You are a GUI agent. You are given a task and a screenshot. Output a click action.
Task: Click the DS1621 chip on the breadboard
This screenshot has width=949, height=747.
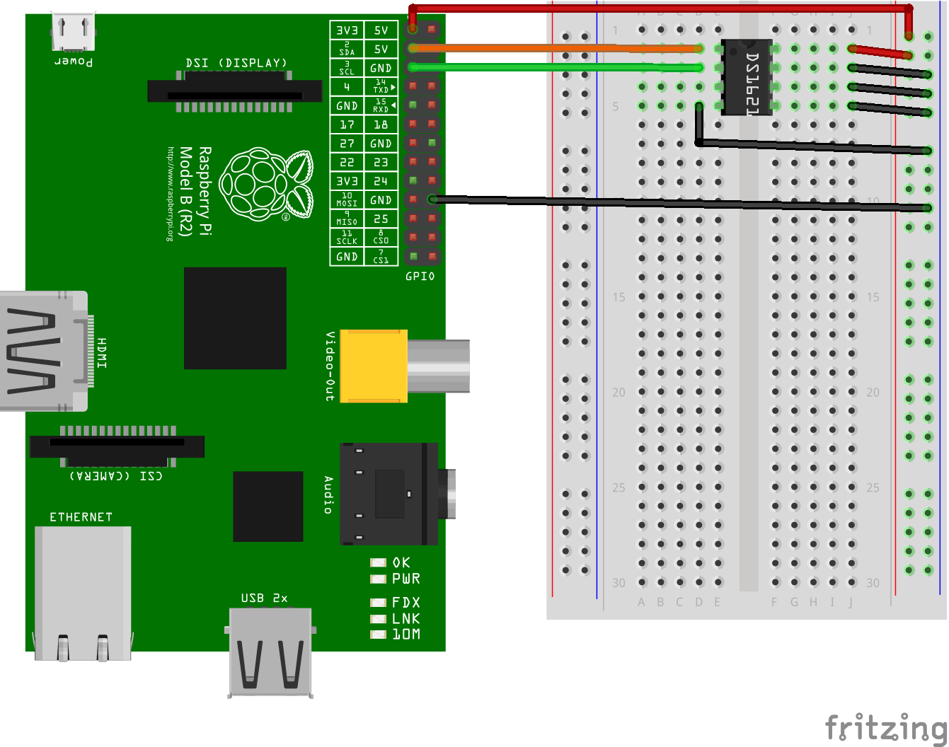[x=747, y=78]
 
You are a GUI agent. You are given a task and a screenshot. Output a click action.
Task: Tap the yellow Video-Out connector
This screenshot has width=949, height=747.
[x=374, y=366]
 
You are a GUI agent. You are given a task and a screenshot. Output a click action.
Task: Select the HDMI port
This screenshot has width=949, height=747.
[x=44, y=352]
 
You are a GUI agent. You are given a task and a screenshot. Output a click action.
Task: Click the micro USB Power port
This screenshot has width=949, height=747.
[x=73, y=33]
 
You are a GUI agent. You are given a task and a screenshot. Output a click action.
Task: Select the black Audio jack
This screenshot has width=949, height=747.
[x=389, y=494]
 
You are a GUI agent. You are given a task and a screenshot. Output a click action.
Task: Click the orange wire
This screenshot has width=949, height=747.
[x=552, y=48]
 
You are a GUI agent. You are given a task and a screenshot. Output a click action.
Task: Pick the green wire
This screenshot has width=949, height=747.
[x=552, y=67]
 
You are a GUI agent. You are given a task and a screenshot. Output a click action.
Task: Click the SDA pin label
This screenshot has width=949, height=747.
[x=347, y=49]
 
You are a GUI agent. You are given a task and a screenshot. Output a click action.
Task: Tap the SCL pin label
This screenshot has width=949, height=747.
[x=347, y=68]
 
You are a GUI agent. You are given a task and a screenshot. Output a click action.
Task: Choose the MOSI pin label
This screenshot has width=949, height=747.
[x=347, y=200]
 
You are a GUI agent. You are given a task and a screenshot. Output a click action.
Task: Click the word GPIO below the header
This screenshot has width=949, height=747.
[x=420, y=277]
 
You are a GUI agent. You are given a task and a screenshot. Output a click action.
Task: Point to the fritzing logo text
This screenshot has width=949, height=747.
[x=885, y=727]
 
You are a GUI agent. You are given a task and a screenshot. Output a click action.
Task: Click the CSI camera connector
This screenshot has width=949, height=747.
[x=117, y=446]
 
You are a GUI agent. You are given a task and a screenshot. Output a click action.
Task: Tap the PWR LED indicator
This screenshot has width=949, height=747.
[x=379, y=579]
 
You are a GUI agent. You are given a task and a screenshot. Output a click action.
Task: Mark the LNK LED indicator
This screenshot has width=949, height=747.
[x=379, y=619]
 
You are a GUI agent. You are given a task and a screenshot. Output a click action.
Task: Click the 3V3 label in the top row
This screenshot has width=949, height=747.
[x=347, y=30]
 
